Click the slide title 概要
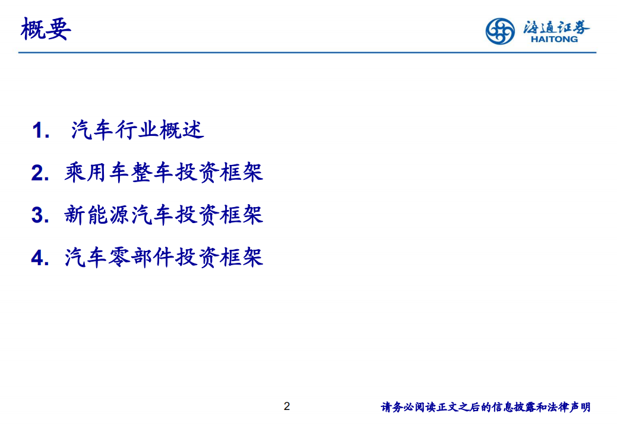click(46, 29)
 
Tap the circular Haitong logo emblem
click(500, 30)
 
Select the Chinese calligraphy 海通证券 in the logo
click(556, 26)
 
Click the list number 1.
click(40, 131)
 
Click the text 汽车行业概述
click(138, 130)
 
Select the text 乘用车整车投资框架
click(164, 173)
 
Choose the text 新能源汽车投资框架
click(164, 215)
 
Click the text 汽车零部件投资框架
click(164, 258)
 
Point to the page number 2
click(287, 406)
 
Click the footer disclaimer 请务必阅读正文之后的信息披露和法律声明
click(485, 407)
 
